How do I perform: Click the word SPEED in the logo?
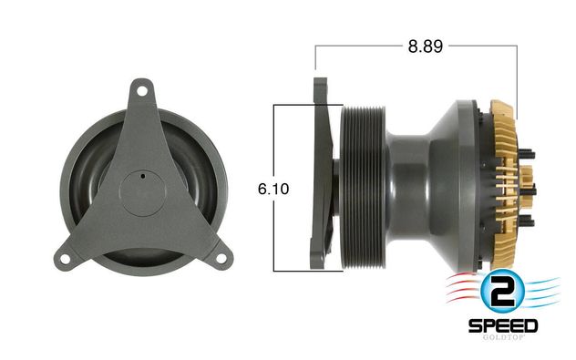click(503, 325)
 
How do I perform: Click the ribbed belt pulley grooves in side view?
click(360, 187)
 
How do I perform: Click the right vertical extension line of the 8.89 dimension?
click(517, 73)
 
